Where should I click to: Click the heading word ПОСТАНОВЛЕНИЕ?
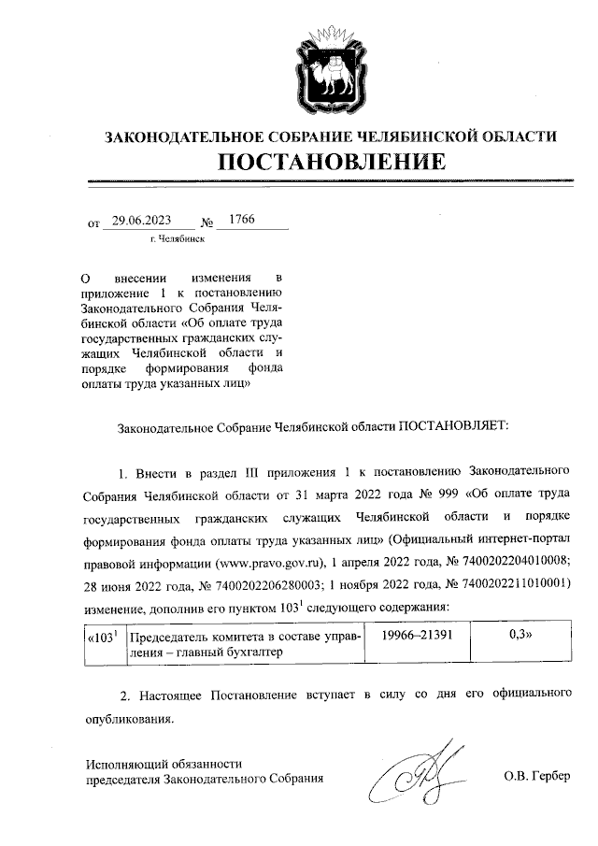[x=331, y=162]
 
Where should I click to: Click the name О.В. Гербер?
[x=535, y=777]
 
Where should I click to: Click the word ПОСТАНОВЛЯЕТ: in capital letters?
[x=453, y=425]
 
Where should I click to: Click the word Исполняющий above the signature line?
[x=124, y=762]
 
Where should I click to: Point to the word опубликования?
[x=122, y=720]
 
